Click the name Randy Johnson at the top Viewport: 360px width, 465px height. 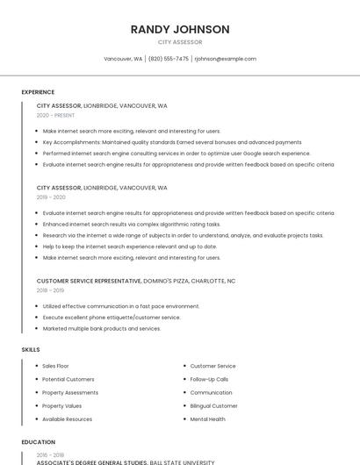(180, 29)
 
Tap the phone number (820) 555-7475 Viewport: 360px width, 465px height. (169, 59)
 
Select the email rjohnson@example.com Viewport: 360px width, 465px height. (226, 59)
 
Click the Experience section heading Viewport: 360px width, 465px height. (38, 92)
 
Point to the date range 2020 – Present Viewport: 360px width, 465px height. (55, 115)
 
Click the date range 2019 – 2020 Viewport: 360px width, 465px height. (51, 197)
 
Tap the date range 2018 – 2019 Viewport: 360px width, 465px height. (50, 290)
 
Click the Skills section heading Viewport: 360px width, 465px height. (31, 350)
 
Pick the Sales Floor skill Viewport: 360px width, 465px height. (55, 366)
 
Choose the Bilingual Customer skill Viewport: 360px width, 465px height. (213, 406)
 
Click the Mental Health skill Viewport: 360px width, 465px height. (207, 419)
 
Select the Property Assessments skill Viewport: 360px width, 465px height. (70, 392)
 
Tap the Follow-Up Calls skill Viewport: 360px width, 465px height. (209, 379)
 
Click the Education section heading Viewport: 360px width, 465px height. (38, 442)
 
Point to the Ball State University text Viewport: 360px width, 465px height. (182, 462)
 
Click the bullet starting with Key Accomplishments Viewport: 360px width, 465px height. (171, 142)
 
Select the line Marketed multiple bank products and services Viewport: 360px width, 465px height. (102, 328)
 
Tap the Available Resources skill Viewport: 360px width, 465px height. (67, 419)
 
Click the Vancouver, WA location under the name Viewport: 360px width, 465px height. (123, 59)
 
